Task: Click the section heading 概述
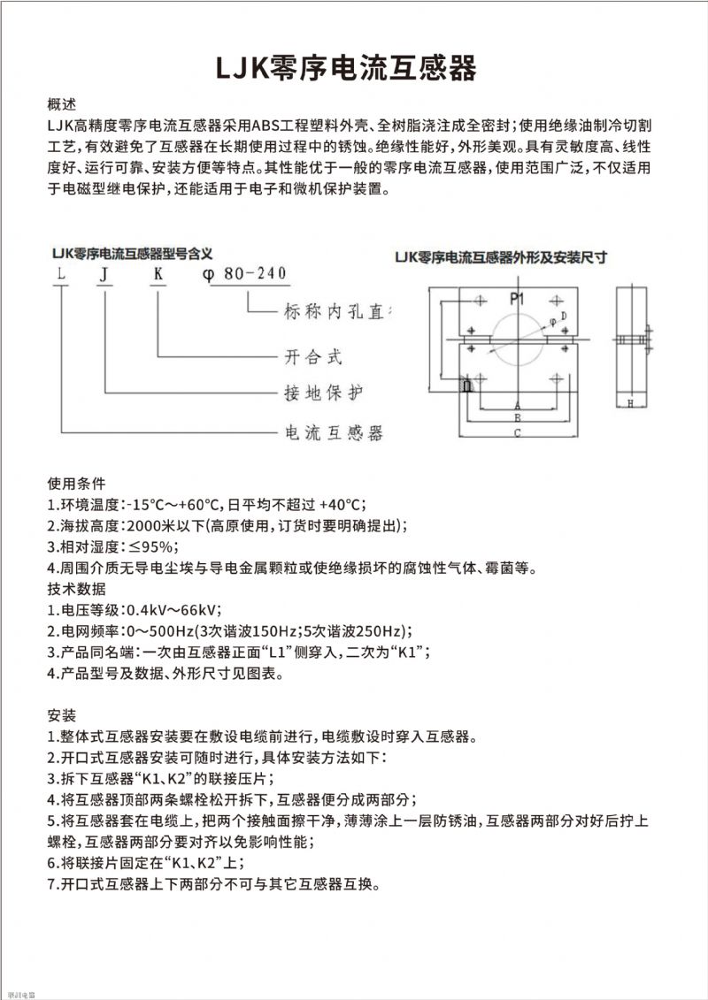pos(62,103)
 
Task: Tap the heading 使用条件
pos(75,484)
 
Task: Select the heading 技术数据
pos(75,588)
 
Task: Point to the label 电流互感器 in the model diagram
pos(331,433)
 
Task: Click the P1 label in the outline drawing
pos(518,298)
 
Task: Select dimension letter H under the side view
pos(630,404)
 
